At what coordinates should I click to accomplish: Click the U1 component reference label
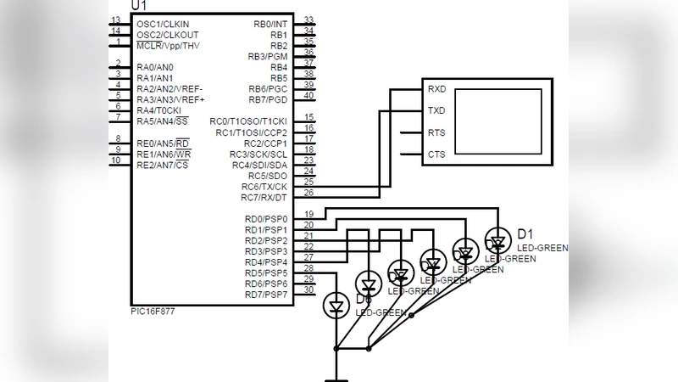click(139, 6)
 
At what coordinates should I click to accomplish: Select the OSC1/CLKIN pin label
click(163, 24)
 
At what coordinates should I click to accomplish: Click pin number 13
click(115, 20)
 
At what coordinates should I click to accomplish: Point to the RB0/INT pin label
click(270, 24)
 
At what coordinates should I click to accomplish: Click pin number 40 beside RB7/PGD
click(309, 95)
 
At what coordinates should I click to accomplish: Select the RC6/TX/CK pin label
click(264, 187)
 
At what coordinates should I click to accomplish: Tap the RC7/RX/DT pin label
click(264, 198)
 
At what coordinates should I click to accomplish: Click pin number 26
click(309, 193)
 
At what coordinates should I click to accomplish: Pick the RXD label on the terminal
click(436, 88)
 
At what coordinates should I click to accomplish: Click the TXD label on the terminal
click(436, 110)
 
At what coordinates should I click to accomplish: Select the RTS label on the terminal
click(436, 132)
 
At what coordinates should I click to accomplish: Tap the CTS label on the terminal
click(436, 154)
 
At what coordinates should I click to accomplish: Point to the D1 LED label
click(525, 234)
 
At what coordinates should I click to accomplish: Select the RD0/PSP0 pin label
click(266, 219)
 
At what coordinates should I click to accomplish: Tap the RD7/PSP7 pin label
click(266, 295)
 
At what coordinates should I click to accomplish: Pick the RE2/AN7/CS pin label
click(163, 165)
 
